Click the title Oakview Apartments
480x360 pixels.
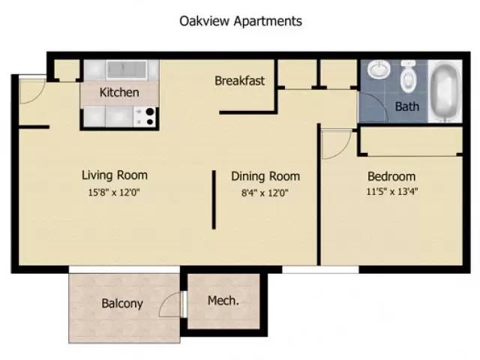(240, 21)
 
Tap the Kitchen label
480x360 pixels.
(119, 93)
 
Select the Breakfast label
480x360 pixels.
(239, 80)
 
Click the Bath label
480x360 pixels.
(406, 106)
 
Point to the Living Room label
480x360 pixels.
(115, 175)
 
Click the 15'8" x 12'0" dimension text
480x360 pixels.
(115, 191)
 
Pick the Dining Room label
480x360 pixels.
(265, 176)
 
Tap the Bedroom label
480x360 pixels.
(391, 176)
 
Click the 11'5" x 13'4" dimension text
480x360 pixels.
(391, 191)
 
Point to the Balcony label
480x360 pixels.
(122, 304)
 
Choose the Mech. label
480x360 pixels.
(223, 301)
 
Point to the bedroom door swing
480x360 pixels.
(335, 144)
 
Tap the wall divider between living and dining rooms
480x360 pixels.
(214, 199)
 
